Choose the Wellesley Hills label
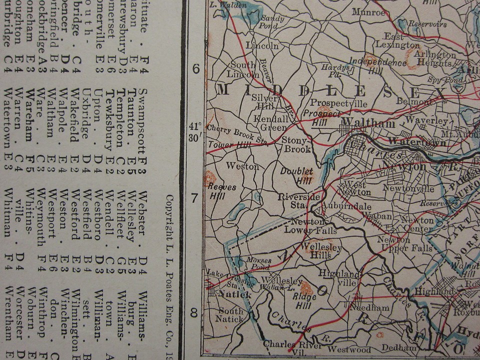tap(322, 251)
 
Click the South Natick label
tap(229, 314)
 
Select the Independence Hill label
tap(377, 66)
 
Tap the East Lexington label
tap(394, 41)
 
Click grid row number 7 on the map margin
tap(194, 198)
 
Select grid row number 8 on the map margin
tap(194, 313)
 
